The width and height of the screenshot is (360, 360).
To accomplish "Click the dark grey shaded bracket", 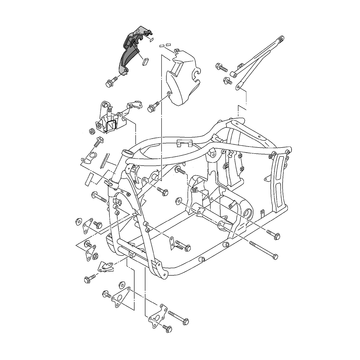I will tap(130, 54).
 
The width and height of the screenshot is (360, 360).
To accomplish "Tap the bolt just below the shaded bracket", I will tap(111, 82).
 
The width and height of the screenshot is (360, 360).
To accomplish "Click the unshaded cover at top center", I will tap(182, 77).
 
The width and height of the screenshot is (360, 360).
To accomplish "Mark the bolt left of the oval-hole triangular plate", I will tap(107, 293).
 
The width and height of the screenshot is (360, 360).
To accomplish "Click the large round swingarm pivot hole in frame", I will tap(248, 214).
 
